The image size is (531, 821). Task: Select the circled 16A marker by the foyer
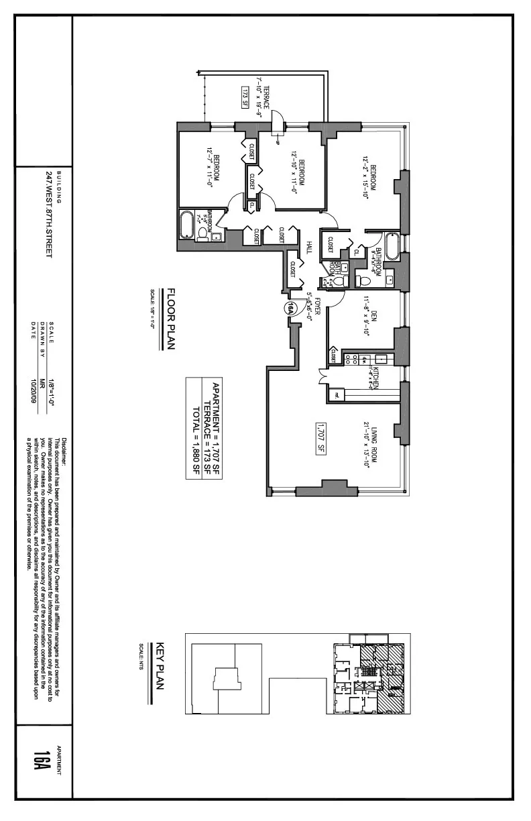coord(290,308)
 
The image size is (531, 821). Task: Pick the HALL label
coord(309,248)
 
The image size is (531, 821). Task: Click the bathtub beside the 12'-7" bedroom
coord(186,225)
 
